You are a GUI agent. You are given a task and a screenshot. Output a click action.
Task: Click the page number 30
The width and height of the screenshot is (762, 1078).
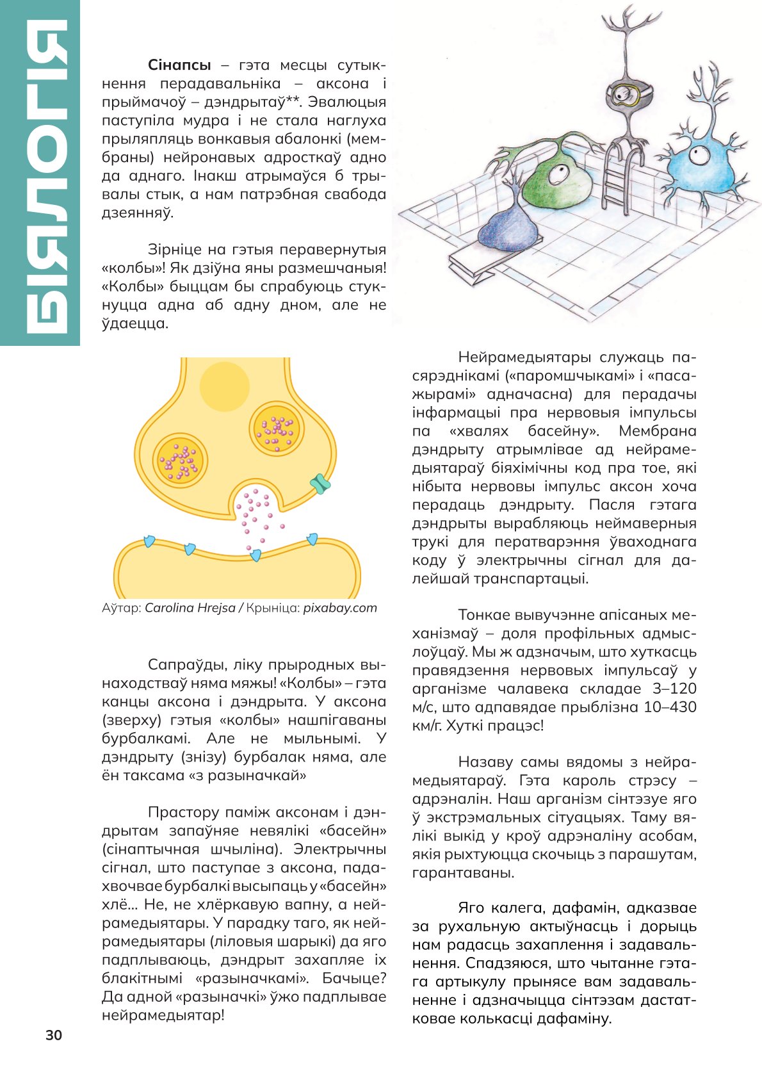pos(54,1036)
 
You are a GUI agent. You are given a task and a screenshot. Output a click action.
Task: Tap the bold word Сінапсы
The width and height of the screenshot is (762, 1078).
pos(179,65)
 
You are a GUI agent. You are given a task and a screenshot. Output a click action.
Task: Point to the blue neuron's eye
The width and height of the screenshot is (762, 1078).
pos(698,154)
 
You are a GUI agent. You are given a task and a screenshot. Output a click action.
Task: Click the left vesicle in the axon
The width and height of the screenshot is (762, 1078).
pos(181,461)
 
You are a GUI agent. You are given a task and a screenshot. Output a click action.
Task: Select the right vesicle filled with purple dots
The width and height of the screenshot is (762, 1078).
pos(277,429)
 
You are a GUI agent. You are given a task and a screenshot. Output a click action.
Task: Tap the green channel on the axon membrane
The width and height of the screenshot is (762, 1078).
pos(320,484)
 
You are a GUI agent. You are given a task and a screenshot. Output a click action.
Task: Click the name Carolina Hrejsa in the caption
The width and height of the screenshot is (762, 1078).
pos(190,608)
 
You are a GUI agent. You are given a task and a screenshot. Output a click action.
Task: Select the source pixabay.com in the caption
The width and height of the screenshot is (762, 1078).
pos(340,608)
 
